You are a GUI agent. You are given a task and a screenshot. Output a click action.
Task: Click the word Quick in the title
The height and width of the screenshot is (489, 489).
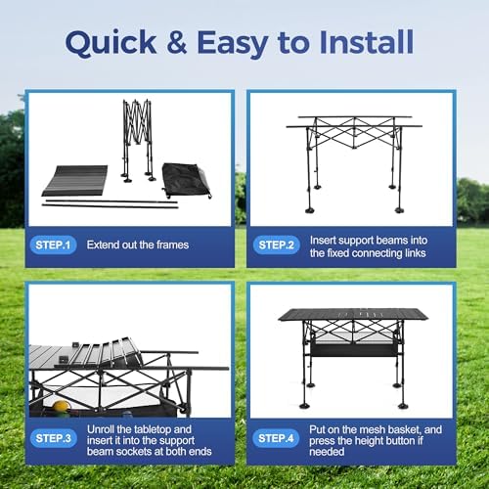(111, 43)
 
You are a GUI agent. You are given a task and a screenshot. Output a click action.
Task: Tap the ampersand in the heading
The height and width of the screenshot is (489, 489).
(177, 41)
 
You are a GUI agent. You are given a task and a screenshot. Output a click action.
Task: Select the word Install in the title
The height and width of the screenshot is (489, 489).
(367, 42)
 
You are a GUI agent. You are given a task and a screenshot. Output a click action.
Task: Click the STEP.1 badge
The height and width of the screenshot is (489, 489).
(53, 244)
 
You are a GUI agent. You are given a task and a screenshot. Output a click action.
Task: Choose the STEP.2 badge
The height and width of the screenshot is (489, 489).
(276, 244)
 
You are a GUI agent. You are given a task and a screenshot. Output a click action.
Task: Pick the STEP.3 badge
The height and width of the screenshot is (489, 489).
(53, 438)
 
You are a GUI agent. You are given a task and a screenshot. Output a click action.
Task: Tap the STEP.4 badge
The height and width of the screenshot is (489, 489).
(276, 438)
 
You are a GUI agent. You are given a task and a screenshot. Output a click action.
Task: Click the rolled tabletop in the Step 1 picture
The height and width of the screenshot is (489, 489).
(75, 181)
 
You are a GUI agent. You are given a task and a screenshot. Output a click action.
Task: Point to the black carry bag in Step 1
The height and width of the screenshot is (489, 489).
(186, 180)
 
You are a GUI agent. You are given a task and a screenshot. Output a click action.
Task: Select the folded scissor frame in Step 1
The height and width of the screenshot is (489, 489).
(138, 140)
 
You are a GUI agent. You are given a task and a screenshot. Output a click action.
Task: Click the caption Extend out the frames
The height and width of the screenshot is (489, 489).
(138, 244)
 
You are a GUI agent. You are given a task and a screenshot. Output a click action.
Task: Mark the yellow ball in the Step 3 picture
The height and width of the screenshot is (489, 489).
(62, 407)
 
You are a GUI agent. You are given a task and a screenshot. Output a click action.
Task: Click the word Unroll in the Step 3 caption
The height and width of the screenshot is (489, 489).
(101, 429)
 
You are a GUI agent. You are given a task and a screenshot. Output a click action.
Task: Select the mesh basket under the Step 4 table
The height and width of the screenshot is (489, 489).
(354, 346)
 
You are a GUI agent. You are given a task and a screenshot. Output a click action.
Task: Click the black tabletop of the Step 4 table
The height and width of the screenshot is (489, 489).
(353, 315)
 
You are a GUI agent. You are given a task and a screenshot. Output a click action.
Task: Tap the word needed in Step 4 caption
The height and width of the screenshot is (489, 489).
(327, 452)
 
